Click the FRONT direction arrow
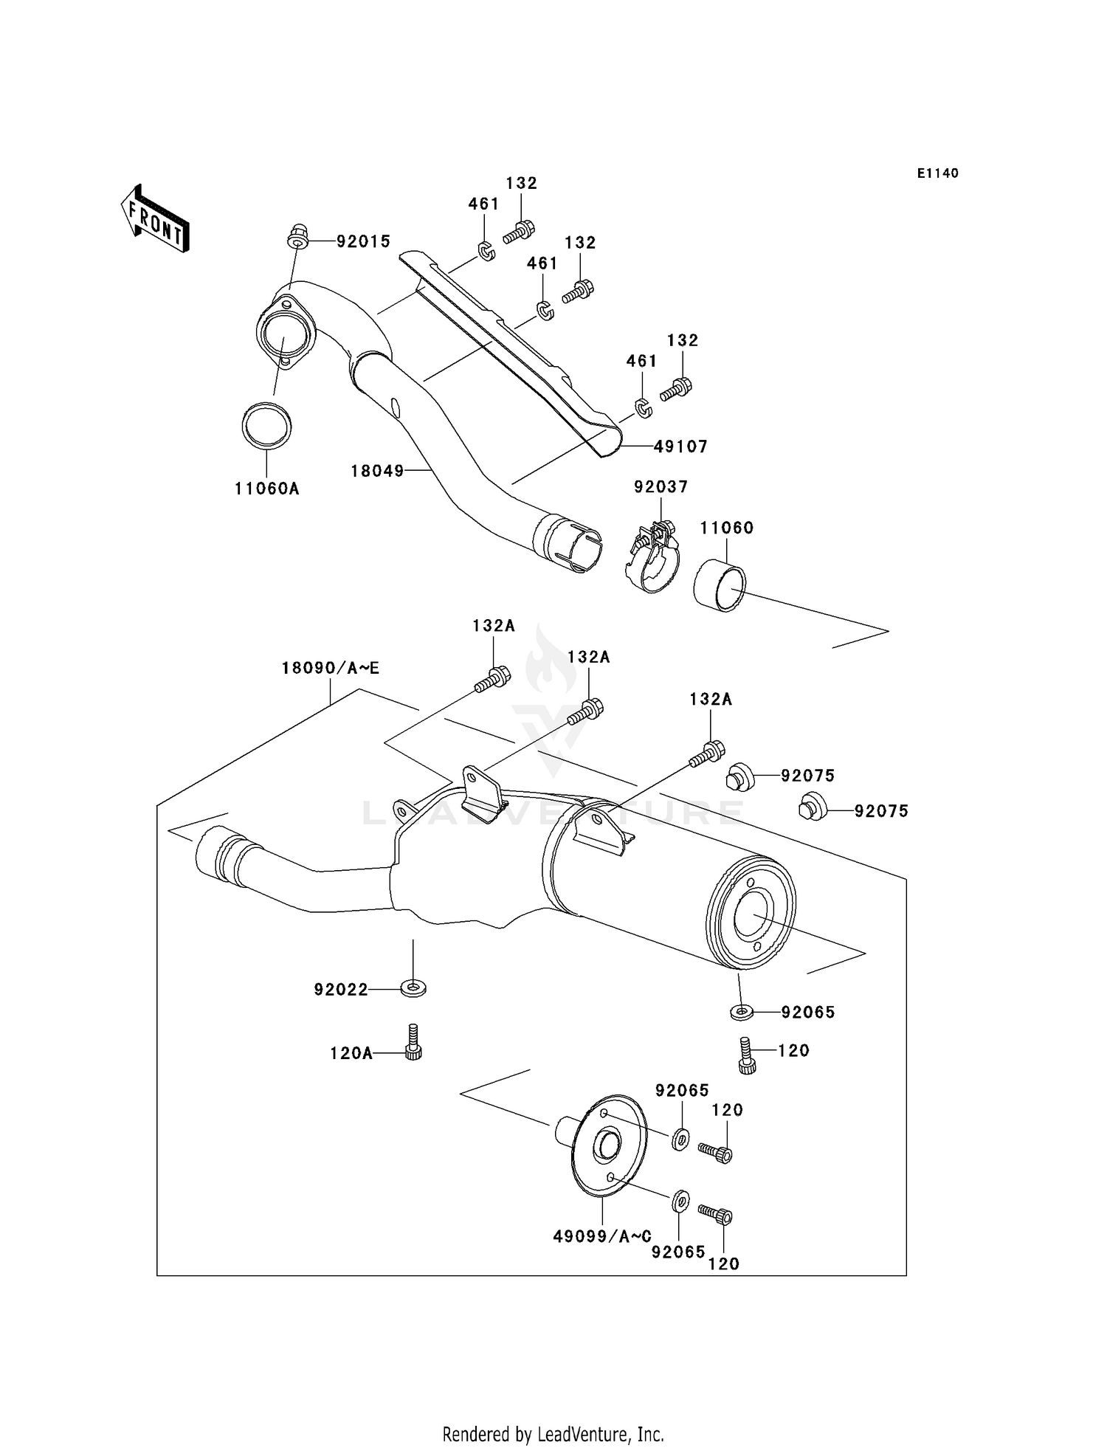[156, 220]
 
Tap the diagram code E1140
[937, 173]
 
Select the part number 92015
[363, 241]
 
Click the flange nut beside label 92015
[297, 237]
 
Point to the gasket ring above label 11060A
[266, 426]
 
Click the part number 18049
[377, 470]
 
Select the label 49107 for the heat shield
[680, 447]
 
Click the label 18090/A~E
[330, 668]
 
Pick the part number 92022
[340, 990]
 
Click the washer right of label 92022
[413, 987]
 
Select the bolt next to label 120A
[413, 1042]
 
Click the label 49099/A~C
[602, 1236]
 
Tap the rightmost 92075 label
[881, 811]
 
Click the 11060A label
[266, 489]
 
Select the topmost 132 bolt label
[521, 183]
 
